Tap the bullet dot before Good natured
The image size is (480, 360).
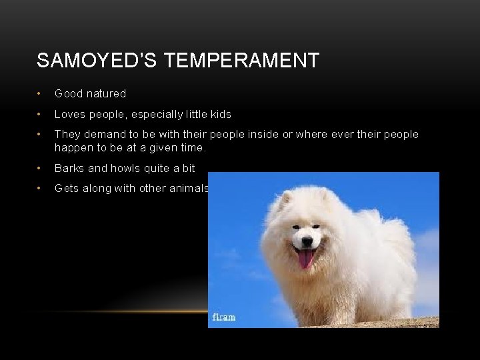tap(41, 94)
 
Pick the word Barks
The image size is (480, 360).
tap(69, 168)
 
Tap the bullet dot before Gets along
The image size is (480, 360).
tap(41, 189)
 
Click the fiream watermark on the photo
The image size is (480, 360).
tap(223, 317)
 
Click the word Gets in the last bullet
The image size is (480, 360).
tap(66, 189)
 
